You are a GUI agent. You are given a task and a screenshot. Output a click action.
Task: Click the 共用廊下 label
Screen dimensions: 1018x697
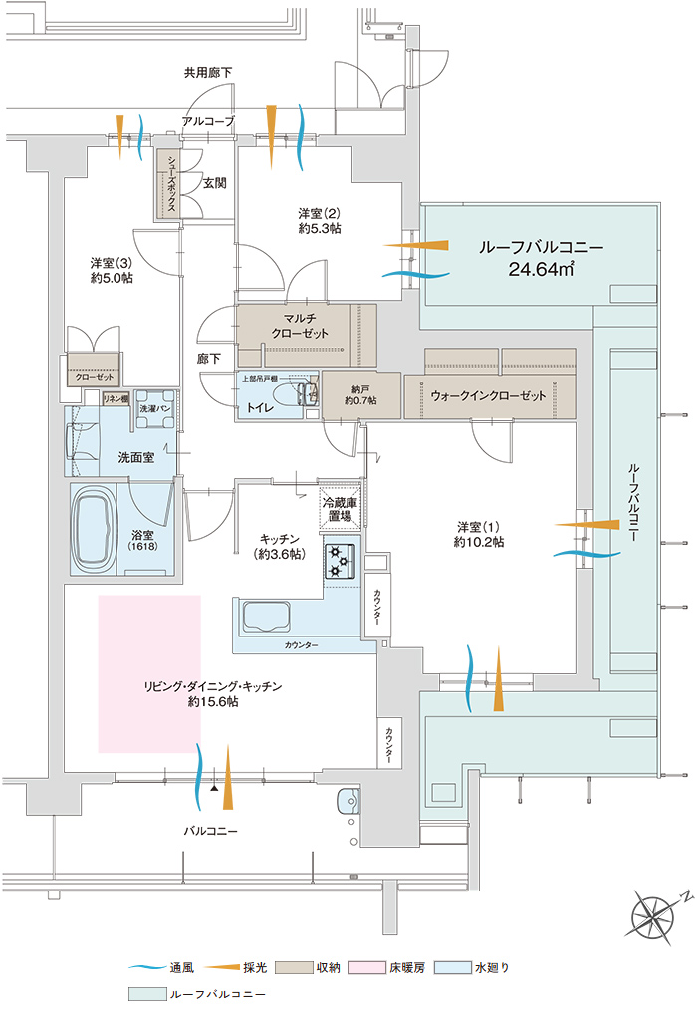click(208, 73)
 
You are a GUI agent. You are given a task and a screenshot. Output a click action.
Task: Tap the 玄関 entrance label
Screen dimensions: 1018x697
click(215, 183)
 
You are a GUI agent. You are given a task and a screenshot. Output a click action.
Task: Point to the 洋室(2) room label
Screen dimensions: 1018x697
click(320, 214)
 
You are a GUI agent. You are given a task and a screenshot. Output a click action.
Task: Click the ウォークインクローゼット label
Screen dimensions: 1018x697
click(489, 395)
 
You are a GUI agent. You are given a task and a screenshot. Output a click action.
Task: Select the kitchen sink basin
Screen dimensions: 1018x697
click(263, 617)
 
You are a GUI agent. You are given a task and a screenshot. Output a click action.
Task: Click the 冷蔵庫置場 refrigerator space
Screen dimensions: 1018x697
click(339, 510)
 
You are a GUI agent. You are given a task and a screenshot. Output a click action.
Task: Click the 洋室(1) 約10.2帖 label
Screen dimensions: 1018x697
click(479, 534)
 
